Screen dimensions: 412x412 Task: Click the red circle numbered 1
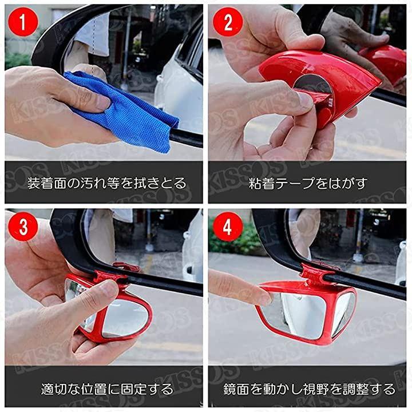[23, 22]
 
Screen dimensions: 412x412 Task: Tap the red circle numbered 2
[228, 22]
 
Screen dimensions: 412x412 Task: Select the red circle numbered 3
[23, 227]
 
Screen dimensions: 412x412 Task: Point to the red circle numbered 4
[228, 227]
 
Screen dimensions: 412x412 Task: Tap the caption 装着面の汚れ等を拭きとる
[106, 183]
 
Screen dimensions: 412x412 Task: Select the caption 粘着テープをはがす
[308, 183]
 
